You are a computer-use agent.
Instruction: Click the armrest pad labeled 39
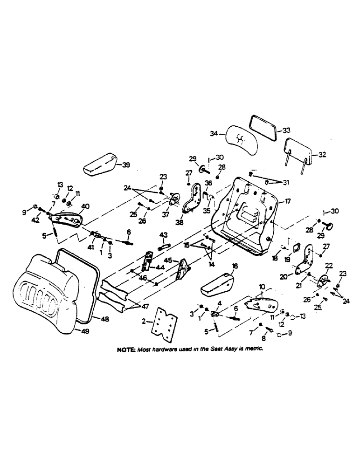point(99,163)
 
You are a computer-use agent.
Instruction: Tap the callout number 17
point(288,201)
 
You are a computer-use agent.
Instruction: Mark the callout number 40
point(85,206)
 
